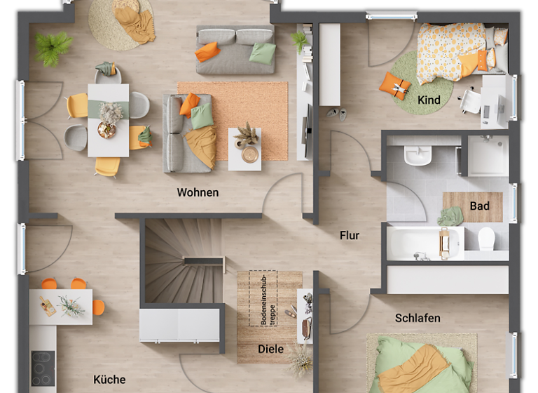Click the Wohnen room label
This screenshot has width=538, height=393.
tap(198, 192)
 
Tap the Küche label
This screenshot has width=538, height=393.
tap(109, 380)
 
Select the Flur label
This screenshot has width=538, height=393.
tap(350, 235)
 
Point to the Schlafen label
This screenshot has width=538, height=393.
tap(418, 318)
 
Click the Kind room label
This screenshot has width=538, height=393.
tap(429, 100)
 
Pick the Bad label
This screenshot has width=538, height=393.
tap(480, 206)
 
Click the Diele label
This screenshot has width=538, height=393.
tap(271, 349)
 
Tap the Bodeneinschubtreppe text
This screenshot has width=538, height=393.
tap(265, 298)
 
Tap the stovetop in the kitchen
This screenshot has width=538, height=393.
tap(43, 367)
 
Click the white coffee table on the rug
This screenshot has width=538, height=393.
tap(244, 149)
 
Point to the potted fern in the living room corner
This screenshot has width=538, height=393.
tap(53, 48)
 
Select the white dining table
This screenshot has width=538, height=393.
tap(108, 119)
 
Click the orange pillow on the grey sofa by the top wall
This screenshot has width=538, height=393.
tap(207, 51)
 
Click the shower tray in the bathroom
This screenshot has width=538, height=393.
tap(488, 155)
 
